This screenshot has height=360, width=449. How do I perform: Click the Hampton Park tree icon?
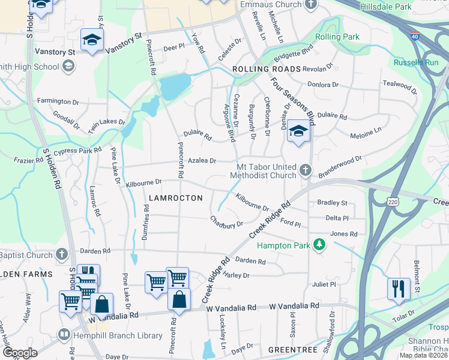(321, 245)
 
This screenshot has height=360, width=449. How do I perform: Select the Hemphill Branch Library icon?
(63, 334)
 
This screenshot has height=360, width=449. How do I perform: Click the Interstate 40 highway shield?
(415, 36)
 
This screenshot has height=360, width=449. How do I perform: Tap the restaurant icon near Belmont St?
(398, 289)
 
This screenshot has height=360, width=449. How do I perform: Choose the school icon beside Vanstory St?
(92, 40)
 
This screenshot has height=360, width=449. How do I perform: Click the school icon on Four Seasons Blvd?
(298, 131)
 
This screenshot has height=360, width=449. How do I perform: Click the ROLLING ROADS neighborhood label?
(266, 70)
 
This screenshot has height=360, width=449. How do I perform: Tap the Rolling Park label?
(337, 37)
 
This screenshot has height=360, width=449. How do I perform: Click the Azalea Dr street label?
(202, 161)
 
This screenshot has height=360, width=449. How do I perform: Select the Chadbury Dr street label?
(226, 221)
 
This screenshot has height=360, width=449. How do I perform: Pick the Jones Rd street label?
(343, 233)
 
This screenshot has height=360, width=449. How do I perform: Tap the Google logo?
(20, 353)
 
